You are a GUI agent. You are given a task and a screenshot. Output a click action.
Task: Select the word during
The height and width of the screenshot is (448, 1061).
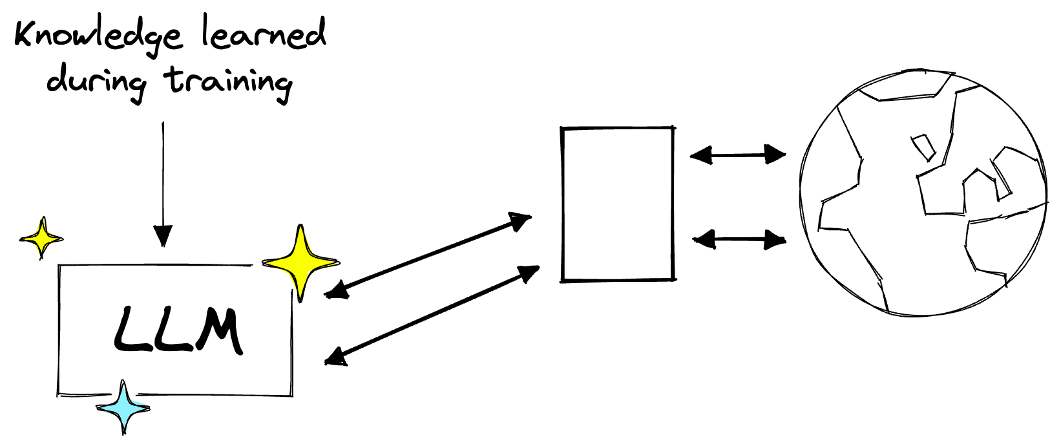pyautogui.click(x=97, y=82)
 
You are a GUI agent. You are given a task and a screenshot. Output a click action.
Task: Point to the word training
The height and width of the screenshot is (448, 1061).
pyautogui.click(x=229, y=82)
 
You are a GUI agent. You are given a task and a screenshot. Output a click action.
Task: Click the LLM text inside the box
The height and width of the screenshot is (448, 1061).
pyautogui.click(x=178, y=331)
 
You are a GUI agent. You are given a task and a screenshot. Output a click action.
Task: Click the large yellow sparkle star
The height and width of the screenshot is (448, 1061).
pyautogui.click(x=300, y=262)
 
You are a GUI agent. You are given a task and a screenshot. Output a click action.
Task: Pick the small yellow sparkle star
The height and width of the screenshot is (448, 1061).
pyautogui.click(x=42, y=238)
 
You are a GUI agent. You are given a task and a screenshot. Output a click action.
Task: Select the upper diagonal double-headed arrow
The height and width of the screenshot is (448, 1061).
pyautogui.click(x=428, y=255)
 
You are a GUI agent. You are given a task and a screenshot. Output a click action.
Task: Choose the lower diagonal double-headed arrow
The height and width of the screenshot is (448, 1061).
pyautogui.click(x=432, y=315)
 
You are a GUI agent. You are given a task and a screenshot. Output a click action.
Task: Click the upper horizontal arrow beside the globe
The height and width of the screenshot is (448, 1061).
pyautogui.click(x=737, y=155)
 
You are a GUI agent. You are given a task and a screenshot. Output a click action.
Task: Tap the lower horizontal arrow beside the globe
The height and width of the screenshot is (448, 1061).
pyautogui.click(x=739, y=240)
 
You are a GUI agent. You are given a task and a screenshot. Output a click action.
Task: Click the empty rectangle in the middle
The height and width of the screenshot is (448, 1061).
pyautogui.click(x=617, y=204)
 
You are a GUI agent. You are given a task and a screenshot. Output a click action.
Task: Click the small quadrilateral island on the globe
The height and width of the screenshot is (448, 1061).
pyautogui.click(x=923, y=146)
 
